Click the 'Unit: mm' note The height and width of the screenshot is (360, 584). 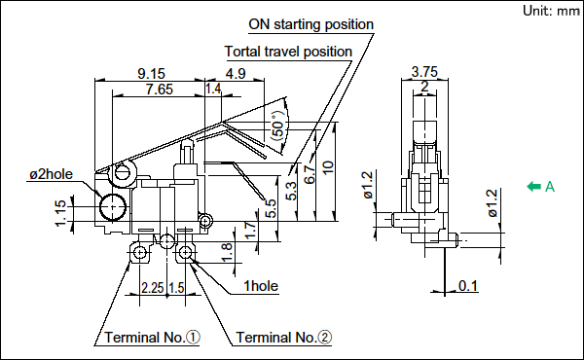[551, 11]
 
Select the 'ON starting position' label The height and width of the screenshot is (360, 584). [311, 24]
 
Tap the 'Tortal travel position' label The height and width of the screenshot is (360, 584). [288, 52]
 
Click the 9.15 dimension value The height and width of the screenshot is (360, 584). [151, 73]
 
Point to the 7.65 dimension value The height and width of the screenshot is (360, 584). [160, 90]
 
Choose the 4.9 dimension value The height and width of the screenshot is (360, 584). [236, 73]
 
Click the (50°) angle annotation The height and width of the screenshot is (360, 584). [279, 126]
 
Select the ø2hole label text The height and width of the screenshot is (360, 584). [51, 174]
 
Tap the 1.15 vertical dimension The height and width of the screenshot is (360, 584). [61, 213]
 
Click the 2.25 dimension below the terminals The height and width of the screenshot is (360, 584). [153, 288]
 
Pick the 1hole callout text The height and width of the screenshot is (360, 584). [261, 286]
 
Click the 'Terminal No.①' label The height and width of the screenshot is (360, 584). [153, 338]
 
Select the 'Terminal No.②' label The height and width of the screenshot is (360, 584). [284, 338]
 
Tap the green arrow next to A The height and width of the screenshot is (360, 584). [533, 186]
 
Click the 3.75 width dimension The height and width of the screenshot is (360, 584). [424, 71]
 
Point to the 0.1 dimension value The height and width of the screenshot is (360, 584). [468, 286]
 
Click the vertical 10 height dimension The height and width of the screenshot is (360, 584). [328, 167]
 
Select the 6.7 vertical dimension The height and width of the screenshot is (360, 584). [310, 174]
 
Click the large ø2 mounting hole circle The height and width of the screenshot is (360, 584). [113, 206]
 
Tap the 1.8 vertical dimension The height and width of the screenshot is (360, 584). [227, 252]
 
